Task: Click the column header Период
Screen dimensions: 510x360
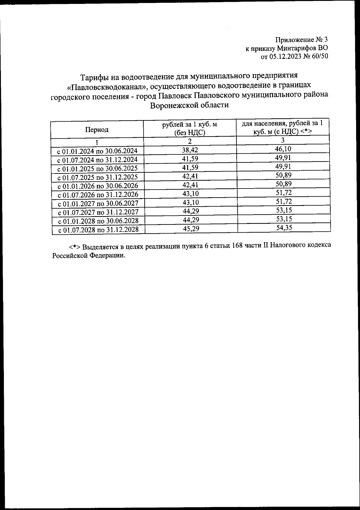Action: pos(97,130)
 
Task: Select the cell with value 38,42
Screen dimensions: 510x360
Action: pos(190,149)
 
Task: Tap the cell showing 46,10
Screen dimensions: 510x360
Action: pos(283,149)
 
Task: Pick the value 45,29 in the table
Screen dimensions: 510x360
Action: pos(191,229)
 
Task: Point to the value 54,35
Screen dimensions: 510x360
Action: pos(284,228)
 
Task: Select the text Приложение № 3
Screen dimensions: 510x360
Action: pos(302,40)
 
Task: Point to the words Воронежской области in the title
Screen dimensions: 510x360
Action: pos(189,105)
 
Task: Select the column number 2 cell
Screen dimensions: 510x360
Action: pos(190,141)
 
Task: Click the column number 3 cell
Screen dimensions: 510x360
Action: pos(283,140)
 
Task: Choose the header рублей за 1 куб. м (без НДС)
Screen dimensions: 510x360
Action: pos(190,128)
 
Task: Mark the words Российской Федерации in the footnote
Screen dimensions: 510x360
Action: pos(88,255)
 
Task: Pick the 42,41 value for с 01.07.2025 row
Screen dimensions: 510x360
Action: pos(190,176)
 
